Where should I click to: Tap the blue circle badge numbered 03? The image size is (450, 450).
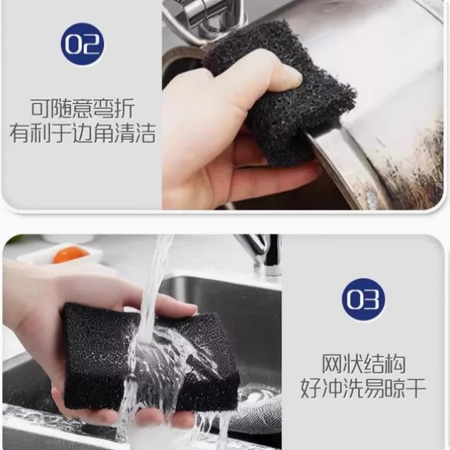click(x=363, y=299)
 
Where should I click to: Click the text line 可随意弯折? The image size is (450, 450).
click(x=82, y=109)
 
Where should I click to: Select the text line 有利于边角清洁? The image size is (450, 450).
click(x=82, y=133)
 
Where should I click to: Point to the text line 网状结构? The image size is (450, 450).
click(x=363, y=363)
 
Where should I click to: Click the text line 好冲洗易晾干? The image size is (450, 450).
click(x=363, y=388)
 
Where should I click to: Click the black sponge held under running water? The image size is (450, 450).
click(x=142, y=356)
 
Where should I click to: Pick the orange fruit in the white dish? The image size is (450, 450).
click(x=70, y=254)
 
